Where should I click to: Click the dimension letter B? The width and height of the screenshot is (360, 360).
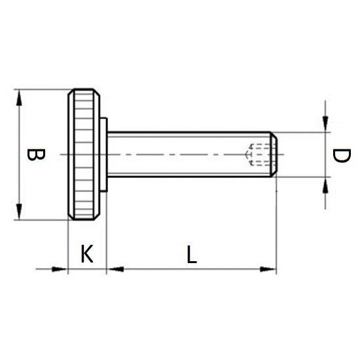(x=35, y=155)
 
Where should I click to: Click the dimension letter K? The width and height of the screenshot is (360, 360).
(x=86, y=254)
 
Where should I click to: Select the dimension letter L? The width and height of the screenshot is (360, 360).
(x=190, y=254)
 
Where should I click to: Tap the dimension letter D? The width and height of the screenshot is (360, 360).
(x=340, y=156)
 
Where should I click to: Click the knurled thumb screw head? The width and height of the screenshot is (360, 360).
(x=85, y=154)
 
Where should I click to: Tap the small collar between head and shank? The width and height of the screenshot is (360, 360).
(x=104, y=154)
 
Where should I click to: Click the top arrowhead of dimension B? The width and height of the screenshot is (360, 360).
(x=19, y=97)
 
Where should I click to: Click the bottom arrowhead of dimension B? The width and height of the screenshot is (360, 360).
(x=19, y=213)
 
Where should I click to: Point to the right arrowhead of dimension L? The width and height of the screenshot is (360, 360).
(x=268, y=268)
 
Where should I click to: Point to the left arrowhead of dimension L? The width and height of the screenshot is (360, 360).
(x=115, y=268)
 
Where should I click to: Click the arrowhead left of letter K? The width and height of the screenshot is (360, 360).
(x=61, y=268)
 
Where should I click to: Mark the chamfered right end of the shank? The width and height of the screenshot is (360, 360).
(x=275, y=154)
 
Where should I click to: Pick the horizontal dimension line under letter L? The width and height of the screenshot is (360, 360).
(x=190, y=268)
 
